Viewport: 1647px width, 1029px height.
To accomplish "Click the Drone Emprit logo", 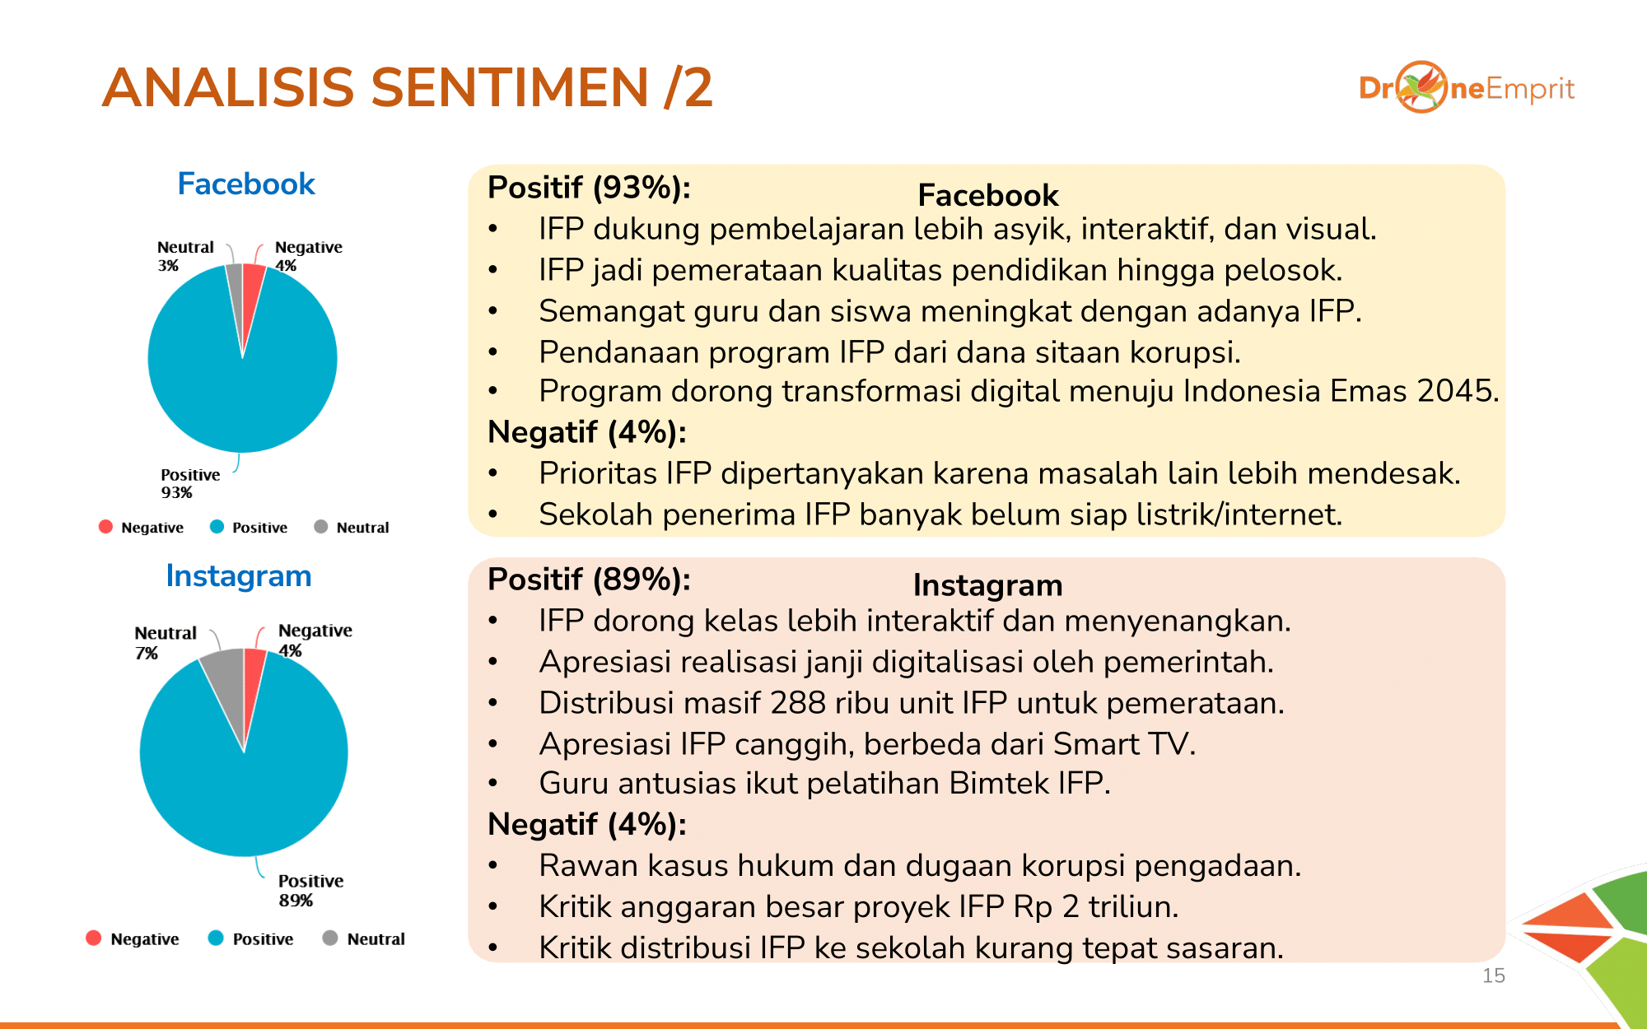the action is click(x=1467, y=87).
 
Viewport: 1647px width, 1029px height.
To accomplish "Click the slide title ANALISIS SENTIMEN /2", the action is click(x=407, y=87).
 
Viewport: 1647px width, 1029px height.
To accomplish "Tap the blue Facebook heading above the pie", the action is click(x=246, y=184).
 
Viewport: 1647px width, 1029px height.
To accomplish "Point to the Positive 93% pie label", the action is click(x=190, y=483).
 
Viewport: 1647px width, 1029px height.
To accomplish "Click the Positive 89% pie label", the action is click(x=310, y=890).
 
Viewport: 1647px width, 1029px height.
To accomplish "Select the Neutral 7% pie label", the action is click(x=166, y=642).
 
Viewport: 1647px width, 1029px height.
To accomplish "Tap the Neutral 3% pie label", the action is click(x=185, y=256).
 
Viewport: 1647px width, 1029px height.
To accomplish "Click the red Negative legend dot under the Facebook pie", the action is click(x=105, y=527).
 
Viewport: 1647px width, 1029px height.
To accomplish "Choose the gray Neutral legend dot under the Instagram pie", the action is click(x=330, y=938).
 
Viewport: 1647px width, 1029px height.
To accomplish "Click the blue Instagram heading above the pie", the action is click(x=239, y=575).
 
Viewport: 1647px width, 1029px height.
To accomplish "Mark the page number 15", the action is click(x=1493, y=975).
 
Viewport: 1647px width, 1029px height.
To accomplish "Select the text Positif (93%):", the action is click(x=589, y=188).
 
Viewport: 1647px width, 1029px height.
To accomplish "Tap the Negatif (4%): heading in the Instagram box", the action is click(x=587, y=824).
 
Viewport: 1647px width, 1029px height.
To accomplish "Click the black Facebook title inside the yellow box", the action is click(x=988, y=195).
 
